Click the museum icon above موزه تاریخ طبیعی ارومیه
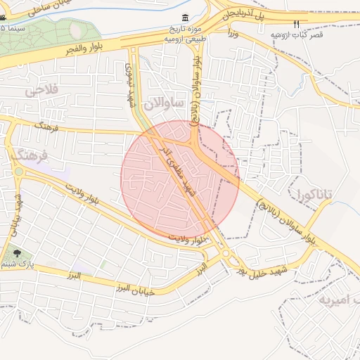pyautogui.click(x=185, y=18)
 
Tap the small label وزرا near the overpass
pyautogui.click(x=233, y=33)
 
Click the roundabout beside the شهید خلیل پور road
pyautogui.click(x=226, y=255)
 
